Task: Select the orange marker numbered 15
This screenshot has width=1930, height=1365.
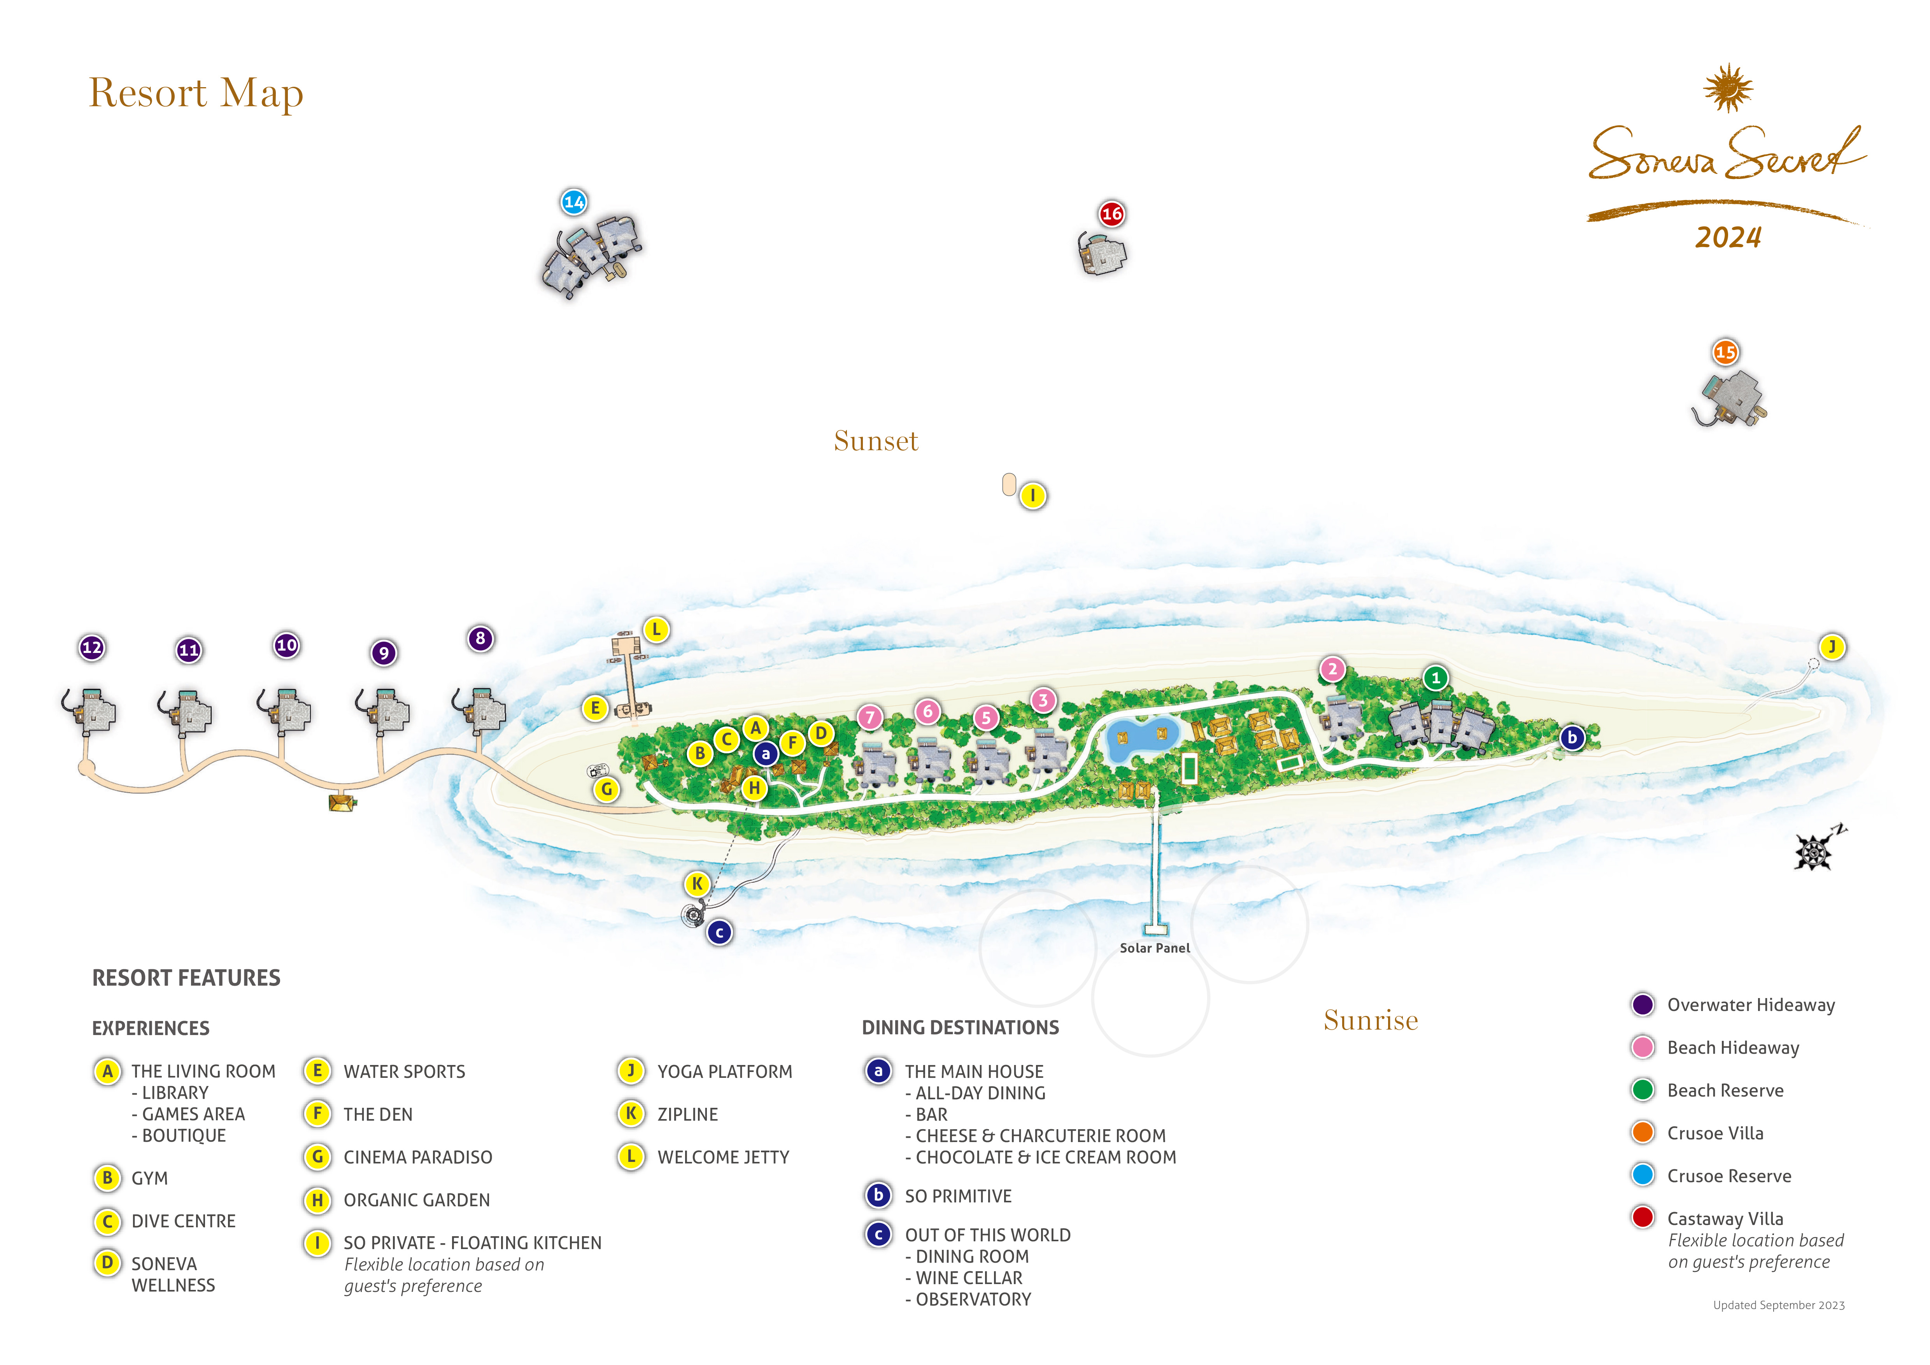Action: point(1726,352)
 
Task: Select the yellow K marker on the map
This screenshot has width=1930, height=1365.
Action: point(697,883)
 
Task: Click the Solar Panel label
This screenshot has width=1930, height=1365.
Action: point(1155,948)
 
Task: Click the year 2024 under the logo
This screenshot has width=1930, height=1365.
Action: point(1728,238)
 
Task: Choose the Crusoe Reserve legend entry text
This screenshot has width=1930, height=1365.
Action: point(1729,1176)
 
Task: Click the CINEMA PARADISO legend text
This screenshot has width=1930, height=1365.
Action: point(418,1157)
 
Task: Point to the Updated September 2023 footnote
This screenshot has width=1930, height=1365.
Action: point(1779,1305)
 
